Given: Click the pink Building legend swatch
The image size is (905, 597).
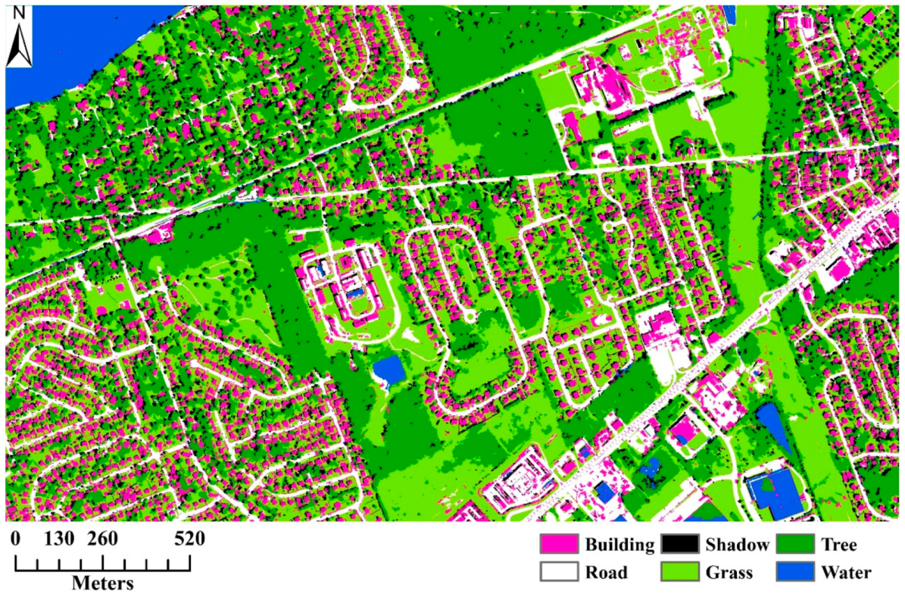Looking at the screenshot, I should pos(559,545).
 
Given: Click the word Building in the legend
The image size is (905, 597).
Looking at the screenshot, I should pos(619,545).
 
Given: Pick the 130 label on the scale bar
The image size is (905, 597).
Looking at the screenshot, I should pos(59,539).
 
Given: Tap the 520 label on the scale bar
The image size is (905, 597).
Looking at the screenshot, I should pos(189,539).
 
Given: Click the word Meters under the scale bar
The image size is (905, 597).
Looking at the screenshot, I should pos(103,583).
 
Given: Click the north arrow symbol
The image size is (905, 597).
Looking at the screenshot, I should pos(19,45).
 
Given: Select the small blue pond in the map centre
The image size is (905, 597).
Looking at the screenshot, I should pos(389,369).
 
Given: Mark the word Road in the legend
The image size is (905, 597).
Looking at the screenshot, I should pos(607,572).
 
